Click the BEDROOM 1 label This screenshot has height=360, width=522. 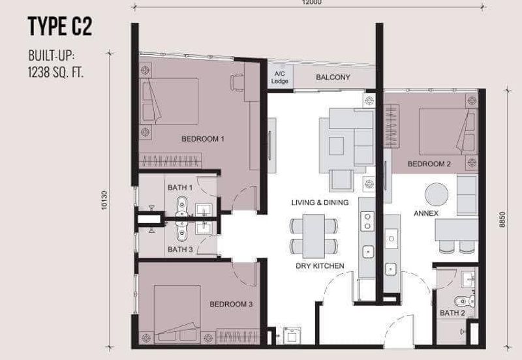[203, 139]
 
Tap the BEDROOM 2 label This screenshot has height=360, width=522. [429, 164]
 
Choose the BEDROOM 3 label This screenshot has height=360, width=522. [230, 304]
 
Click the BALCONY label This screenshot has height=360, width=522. [333, 78]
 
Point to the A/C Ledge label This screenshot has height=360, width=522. [279, 78]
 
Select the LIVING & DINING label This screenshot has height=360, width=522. [320, 203]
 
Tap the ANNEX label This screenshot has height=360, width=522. [425, 213]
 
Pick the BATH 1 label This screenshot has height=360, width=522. [180, 188]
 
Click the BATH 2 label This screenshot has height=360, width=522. [452, 313]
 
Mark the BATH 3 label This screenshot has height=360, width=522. [180, 249]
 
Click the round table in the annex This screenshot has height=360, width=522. [437, 194]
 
